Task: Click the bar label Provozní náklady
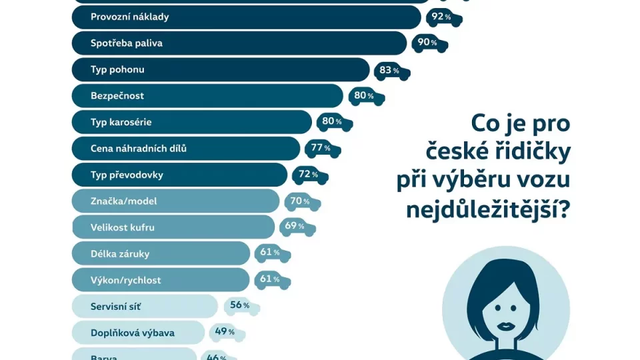coord(129,17)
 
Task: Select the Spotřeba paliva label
coord(127,43)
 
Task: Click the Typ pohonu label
coord(117,69)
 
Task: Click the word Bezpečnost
coord(117,95)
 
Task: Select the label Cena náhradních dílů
coord(139,148)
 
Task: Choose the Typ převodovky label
coord(127,175)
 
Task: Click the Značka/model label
coord(124,201)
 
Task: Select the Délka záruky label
coord(120,253)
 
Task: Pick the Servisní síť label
coord(116,307)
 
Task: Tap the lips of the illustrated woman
coord(506,325)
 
